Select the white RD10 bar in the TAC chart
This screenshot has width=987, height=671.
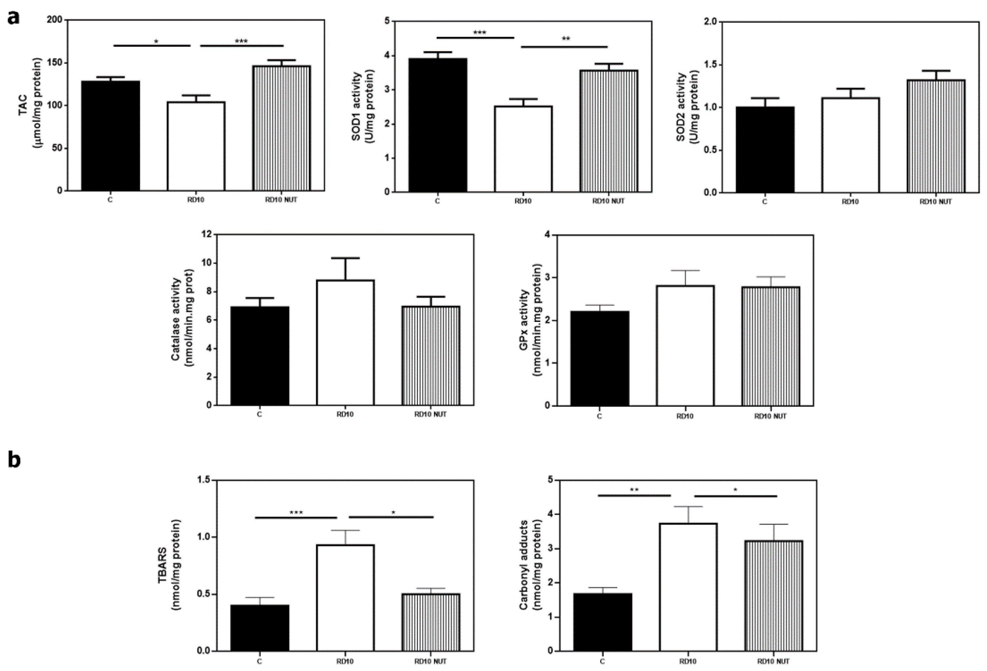point(196,146)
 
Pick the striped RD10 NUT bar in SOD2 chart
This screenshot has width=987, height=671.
point(936,136)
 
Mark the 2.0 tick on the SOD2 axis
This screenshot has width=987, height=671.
point(709,22)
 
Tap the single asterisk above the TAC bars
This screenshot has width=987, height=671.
point(156,42)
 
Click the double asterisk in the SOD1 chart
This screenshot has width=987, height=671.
point(566,39)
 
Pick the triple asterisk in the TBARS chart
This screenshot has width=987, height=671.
point(296,513)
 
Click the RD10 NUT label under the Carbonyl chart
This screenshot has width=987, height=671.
point(773,661)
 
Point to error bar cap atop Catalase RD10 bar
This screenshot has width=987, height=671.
point(345,258)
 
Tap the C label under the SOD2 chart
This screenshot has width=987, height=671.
point(765,202)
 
